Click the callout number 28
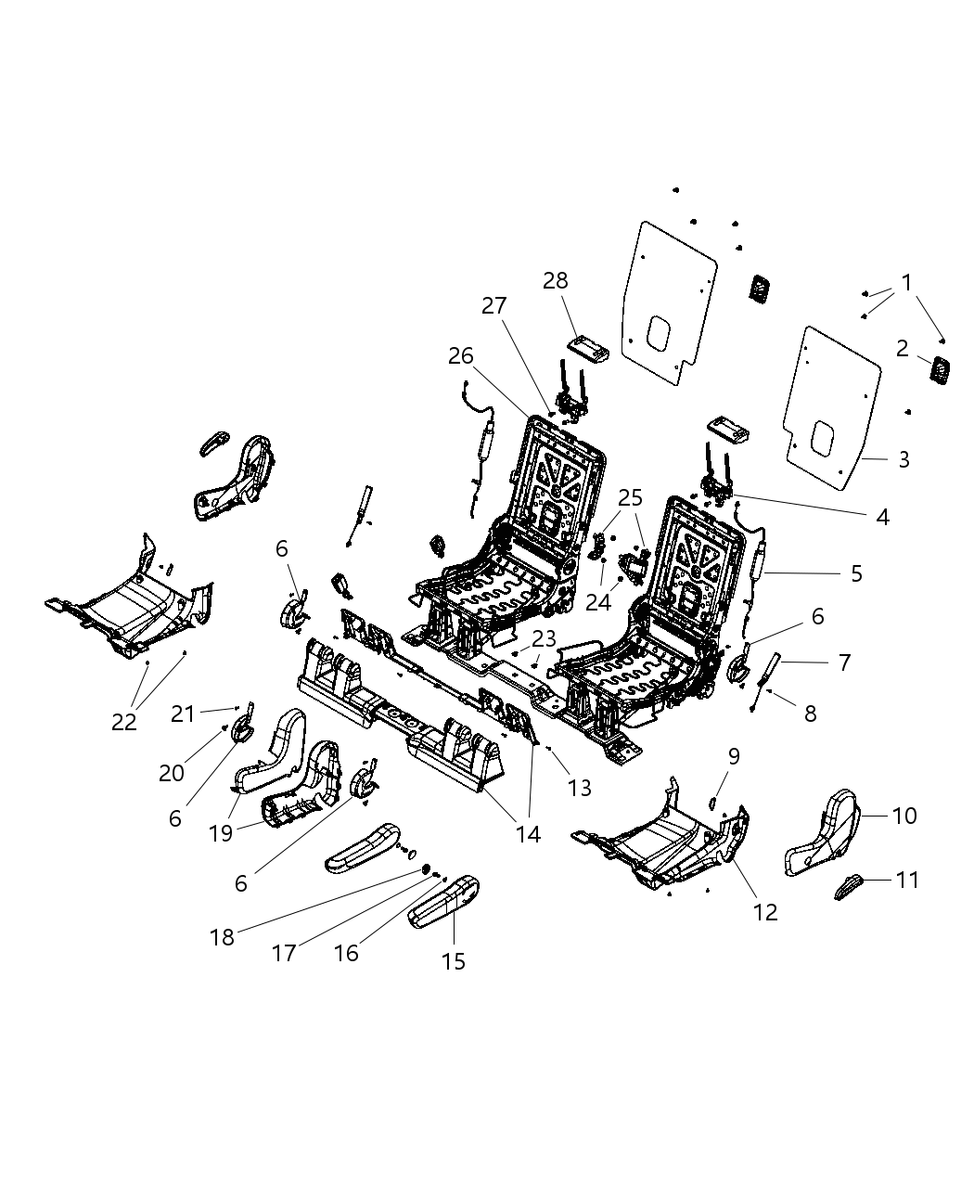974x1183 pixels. tap(556, 280)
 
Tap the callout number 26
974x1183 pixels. tap(461, 355)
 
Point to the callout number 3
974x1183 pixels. tap(904, 459)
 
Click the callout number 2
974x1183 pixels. tap(902, 350)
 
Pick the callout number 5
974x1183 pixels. tap(856, 573)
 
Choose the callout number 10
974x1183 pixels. tap(904, 815)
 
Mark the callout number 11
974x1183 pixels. tap(907, 879)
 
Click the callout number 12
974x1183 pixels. tap(765, 912)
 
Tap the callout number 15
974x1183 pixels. tap(454, 961)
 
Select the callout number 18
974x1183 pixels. tap(222, 937)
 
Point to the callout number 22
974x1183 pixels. tap(124, 721)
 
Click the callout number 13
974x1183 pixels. tap(579, 788)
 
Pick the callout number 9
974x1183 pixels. tap(733, 756)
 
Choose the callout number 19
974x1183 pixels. tap(221, 833)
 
